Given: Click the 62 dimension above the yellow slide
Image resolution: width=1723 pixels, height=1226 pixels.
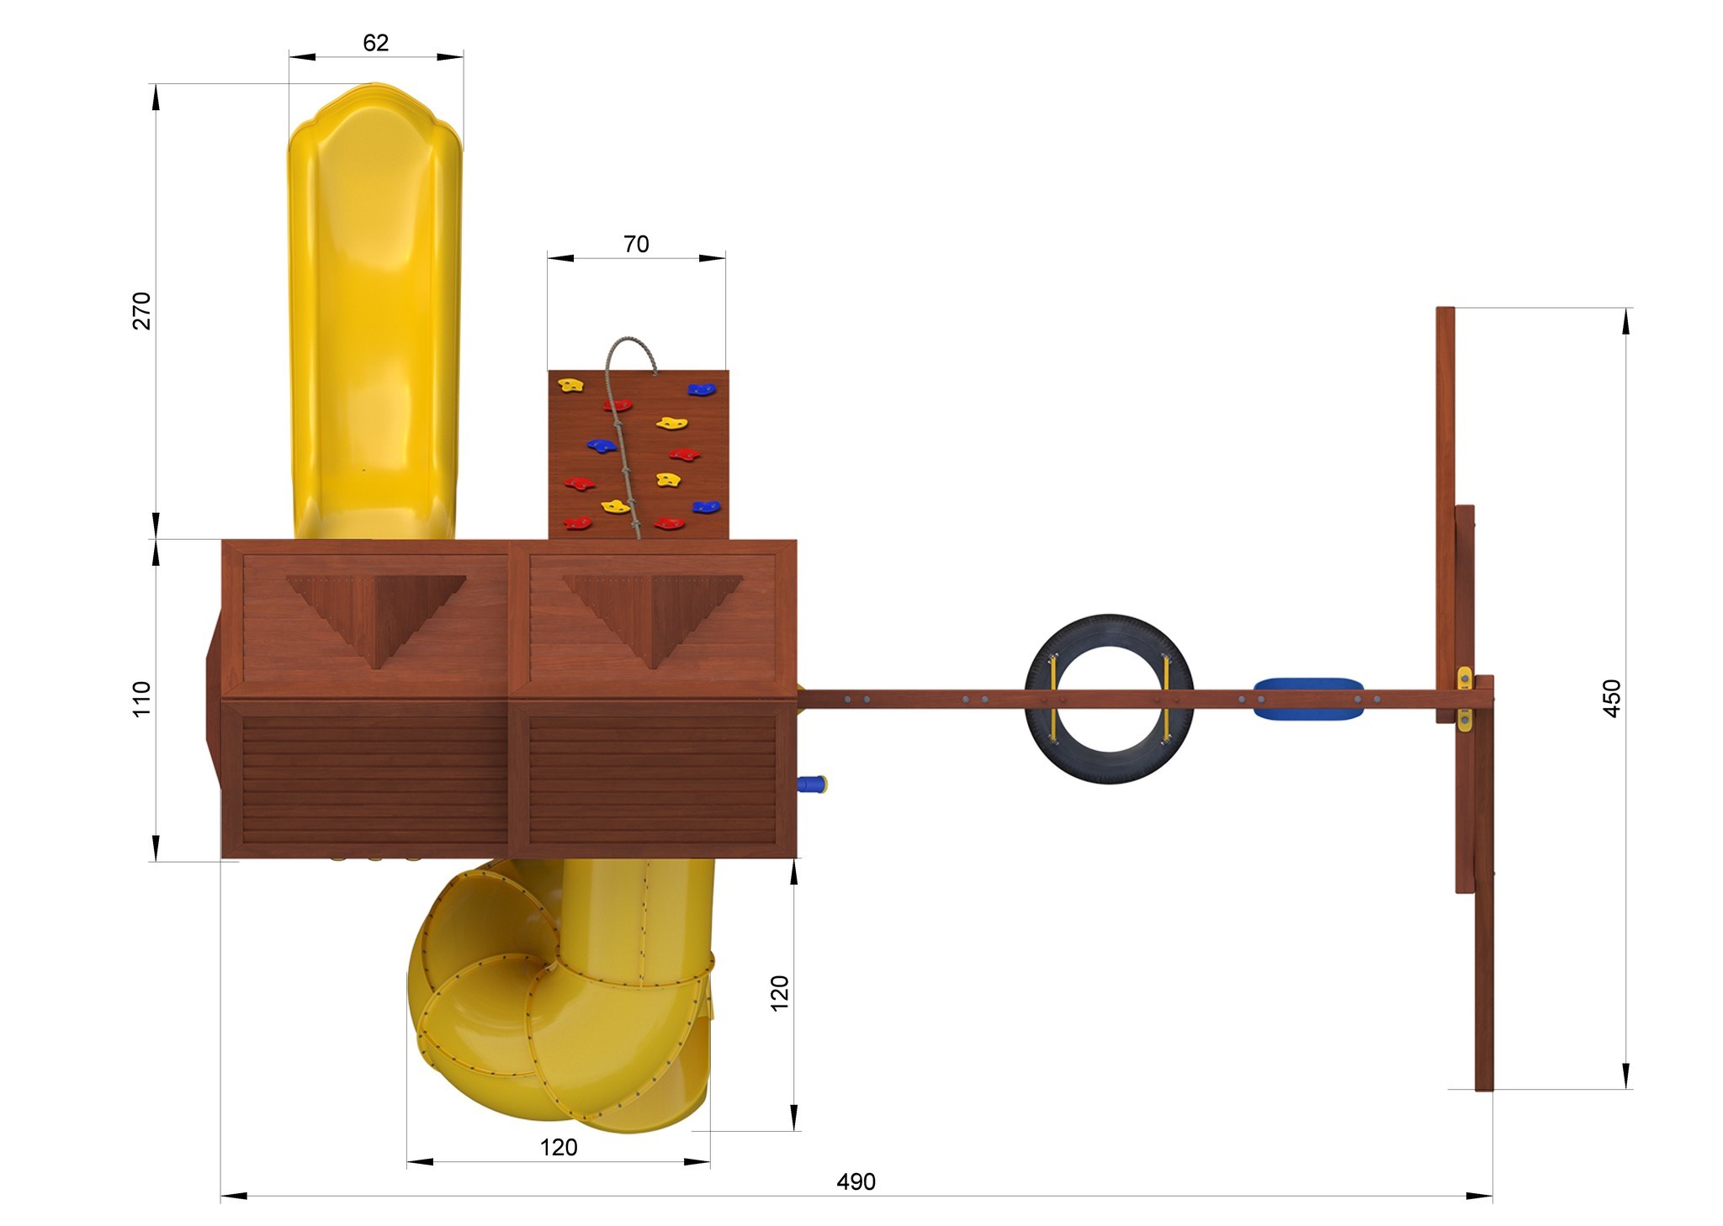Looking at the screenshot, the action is (376, 43).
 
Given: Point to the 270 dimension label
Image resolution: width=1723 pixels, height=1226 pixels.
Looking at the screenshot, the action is (142, 310).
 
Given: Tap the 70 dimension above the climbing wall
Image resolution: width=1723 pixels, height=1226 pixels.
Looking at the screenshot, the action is (636, 244).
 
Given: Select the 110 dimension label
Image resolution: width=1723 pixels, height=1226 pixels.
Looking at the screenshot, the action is (141, 699).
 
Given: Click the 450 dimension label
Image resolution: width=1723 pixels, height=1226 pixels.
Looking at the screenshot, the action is (1612, 698).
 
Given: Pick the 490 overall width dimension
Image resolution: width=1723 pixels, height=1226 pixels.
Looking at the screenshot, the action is (856, 1182).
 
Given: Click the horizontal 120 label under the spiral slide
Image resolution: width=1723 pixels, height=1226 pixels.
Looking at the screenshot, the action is (559, 1147).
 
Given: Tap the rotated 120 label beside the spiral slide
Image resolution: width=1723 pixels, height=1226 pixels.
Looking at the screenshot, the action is (780, 993).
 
